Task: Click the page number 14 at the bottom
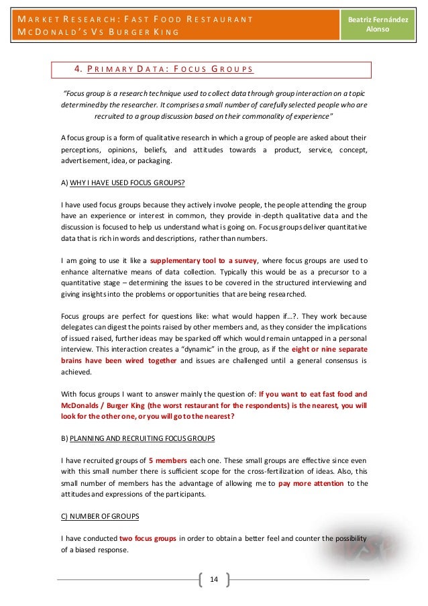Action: click(x=214, y=579)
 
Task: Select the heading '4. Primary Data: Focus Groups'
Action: click(x=164, y=69)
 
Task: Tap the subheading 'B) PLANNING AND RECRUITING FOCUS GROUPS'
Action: click(x=138, y=438)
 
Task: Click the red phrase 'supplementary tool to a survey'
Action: click(x=199, y=260)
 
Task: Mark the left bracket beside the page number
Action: click(x=201, y=579)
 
